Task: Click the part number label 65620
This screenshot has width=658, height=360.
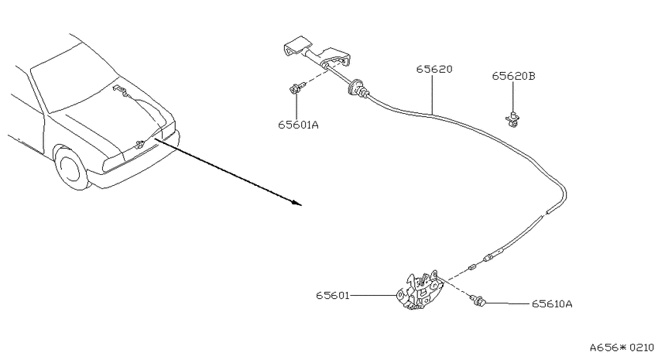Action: tap(434, 69)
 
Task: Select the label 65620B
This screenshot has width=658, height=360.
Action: tap(514, 76)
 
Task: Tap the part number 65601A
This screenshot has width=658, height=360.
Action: tap(298, 125)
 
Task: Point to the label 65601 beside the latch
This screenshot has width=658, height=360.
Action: tap(333, 296)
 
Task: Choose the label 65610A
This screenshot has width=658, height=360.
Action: tap(552, 303)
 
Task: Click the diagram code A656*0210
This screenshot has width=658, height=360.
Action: tap(622, 348)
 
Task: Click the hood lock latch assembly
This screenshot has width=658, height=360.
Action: tap(420, 291)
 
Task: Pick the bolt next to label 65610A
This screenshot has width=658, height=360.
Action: tap(478, 300)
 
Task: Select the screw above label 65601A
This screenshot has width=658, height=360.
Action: tap(297, 88)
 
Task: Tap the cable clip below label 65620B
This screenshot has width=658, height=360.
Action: tap(512, 118)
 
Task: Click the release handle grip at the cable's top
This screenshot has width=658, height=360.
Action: tap(297, 47)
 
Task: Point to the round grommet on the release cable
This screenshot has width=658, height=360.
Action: tap(355, 87)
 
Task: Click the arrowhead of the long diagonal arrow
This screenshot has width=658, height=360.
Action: tap(297, 204)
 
